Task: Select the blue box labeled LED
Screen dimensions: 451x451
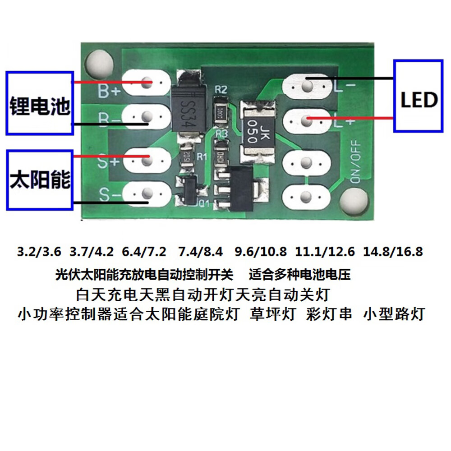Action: pyautogui.click(x=419, y=96)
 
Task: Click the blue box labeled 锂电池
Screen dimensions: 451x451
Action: pyautogui.click(x=40, y=102)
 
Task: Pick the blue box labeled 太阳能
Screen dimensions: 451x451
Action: pyautogui.click(x=40, y=179)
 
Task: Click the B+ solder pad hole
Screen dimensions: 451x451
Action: pyautogui.click(x=146, y=83)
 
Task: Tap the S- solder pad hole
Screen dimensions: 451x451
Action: pyautogui.click(x=146, y=194)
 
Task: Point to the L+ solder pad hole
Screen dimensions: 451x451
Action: pyautogui.click(x=307, y=120)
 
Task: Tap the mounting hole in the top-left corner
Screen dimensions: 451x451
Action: pyautogui.click(x=99, y=63)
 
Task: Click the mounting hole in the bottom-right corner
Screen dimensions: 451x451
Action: pyautogui.click(x=354, y=200)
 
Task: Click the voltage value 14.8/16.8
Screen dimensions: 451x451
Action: pyautogui.click(x=395, y=252)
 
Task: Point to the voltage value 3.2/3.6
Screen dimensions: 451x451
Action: pyautogui.click(x=38, y=252)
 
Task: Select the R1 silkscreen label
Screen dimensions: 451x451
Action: pyautogui.click(x=202, y=156)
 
